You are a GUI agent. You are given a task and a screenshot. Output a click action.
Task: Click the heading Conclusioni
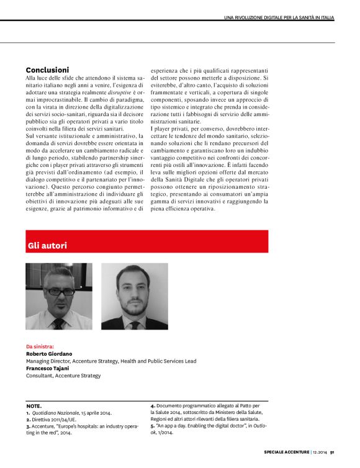(x=47, y=70)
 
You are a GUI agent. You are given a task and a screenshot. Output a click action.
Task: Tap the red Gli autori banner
(x=147, y=246)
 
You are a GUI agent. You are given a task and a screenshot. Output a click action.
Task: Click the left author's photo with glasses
(x=59, y=295)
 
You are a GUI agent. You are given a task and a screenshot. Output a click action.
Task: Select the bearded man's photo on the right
(x=134, y=295)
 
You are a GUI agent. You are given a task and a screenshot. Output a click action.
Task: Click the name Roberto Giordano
(x=49, y=353)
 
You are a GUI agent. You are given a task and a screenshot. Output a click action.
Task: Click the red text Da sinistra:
(x=40, y=346)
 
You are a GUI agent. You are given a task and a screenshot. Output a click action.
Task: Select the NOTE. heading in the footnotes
(x=34, y=405)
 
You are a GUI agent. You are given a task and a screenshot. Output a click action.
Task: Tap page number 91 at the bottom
(x=333, y=451)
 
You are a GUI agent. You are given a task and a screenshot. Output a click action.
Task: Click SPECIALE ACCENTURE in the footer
(x=286, y=451)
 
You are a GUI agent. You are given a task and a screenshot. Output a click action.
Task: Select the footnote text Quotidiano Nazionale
(x=56, y=413)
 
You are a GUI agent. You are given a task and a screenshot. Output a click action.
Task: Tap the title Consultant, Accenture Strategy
(x=63, y=376)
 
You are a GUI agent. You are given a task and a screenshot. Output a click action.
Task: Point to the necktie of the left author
(x=59, y=323)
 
